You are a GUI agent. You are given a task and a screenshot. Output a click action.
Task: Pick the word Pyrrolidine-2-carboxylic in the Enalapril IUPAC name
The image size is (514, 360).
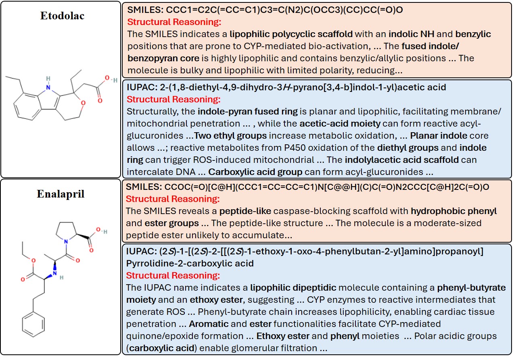(190, 263)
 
